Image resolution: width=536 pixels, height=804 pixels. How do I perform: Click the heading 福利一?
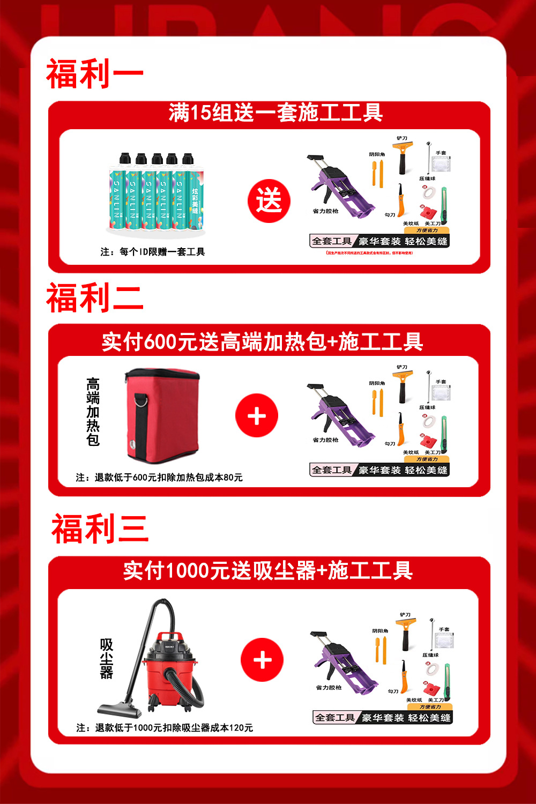[95, 74]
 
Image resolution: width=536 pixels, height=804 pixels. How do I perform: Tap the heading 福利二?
[95, 298]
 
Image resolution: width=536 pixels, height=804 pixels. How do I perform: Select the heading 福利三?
[100, 529]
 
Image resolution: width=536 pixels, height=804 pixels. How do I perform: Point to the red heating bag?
[162, 414]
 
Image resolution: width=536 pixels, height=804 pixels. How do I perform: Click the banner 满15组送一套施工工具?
[276, 113]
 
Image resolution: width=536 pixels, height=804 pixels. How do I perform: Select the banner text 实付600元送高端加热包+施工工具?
[263, 342]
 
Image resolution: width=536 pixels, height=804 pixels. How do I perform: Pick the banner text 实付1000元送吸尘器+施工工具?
[268, 571]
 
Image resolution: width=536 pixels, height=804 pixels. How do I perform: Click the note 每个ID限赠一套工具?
[153, 252]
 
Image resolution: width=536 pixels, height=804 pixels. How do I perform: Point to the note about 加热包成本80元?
[159, 478]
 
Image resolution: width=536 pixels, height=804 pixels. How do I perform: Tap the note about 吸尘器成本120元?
[165, 728]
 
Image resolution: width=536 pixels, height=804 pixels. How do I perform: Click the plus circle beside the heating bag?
[257, 416]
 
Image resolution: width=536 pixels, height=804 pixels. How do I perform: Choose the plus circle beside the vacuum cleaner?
[262, 660]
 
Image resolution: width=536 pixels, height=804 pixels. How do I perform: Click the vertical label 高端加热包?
[93, 412]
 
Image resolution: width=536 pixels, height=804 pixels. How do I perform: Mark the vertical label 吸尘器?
[107, 659]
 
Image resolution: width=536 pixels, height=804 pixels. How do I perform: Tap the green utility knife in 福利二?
[444, 433]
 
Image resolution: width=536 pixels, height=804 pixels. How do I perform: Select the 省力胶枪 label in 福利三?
[329, 688]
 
